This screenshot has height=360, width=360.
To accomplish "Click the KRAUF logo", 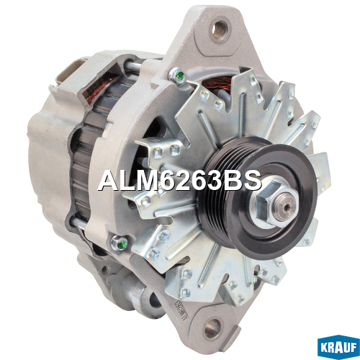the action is point(338,348).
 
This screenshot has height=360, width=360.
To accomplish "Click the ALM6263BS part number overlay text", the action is point(179,181).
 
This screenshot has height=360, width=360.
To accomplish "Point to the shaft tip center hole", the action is point(285,207).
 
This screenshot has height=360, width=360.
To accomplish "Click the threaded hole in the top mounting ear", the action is point(220,29).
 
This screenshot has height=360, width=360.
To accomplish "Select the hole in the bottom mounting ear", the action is point(212,328).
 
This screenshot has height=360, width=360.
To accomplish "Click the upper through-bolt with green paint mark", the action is point(177,75).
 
